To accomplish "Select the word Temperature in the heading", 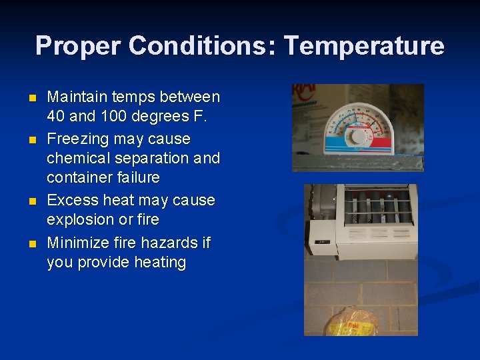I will click(363, 46).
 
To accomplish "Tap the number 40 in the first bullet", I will click(56, 117).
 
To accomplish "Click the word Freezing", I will click(79, 139).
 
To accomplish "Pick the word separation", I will click(150, 159).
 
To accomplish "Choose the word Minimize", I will click(80, 243).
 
